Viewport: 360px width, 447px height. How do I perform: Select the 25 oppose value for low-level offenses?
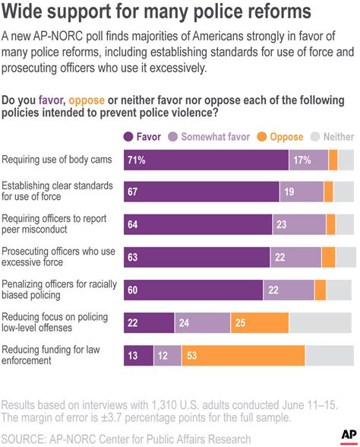(239, 323)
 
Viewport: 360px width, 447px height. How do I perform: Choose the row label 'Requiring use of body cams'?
(58, 160)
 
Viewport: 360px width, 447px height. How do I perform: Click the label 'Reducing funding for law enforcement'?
(52, 355)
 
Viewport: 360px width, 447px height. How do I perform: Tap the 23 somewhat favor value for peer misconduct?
(281, 225)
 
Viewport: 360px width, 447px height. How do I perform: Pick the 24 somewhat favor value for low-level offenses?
(184, 323)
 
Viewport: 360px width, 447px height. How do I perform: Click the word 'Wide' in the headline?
(26, 12)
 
